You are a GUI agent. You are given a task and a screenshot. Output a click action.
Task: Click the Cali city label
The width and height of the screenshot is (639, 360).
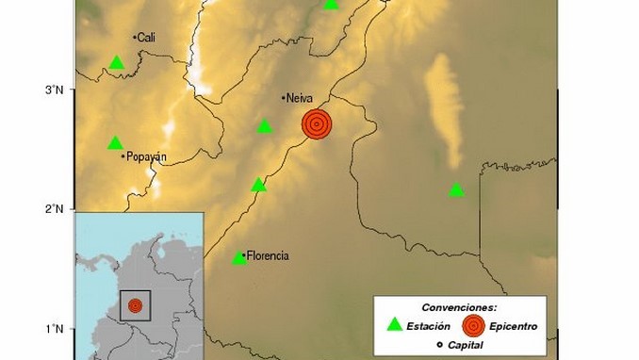(146, 38)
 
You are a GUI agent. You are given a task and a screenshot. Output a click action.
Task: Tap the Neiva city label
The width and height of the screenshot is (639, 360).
(299, 97)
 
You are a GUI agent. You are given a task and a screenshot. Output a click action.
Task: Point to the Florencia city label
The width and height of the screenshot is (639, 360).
(268, 255)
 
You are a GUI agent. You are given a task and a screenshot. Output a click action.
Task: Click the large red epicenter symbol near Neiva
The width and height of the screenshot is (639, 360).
(318, 123)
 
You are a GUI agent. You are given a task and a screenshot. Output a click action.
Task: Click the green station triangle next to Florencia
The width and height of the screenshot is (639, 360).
(239, 257)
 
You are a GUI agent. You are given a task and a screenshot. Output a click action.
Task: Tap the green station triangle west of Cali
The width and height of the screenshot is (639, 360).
(117, 63)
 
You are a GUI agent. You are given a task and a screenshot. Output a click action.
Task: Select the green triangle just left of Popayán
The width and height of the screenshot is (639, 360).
(115, 143)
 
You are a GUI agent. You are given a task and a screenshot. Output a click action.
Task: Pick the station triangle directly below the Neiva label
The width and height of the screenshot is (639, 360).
(265, 126)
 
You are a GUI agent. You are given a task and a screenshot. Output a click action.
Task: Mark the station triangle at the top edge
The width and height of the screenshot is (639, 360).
(331, 4)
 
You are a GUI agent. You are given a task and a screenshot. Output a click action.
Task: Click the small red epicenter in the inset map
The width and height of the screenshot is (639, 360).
(135, 305)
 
